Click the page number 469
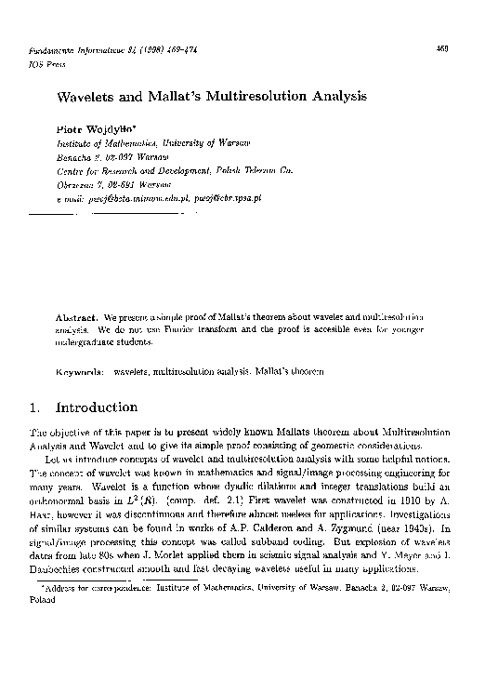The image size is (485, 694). [x=441, y=47]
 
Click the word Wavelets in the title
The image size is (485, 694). [x=90, y=96]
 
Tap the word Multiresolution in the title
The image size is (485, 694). [x=263, y=96]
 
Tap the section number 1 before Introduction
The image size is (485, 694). [x=34, y=407]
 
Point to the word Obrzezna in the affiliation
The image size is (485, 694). [x=77, y=184]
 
